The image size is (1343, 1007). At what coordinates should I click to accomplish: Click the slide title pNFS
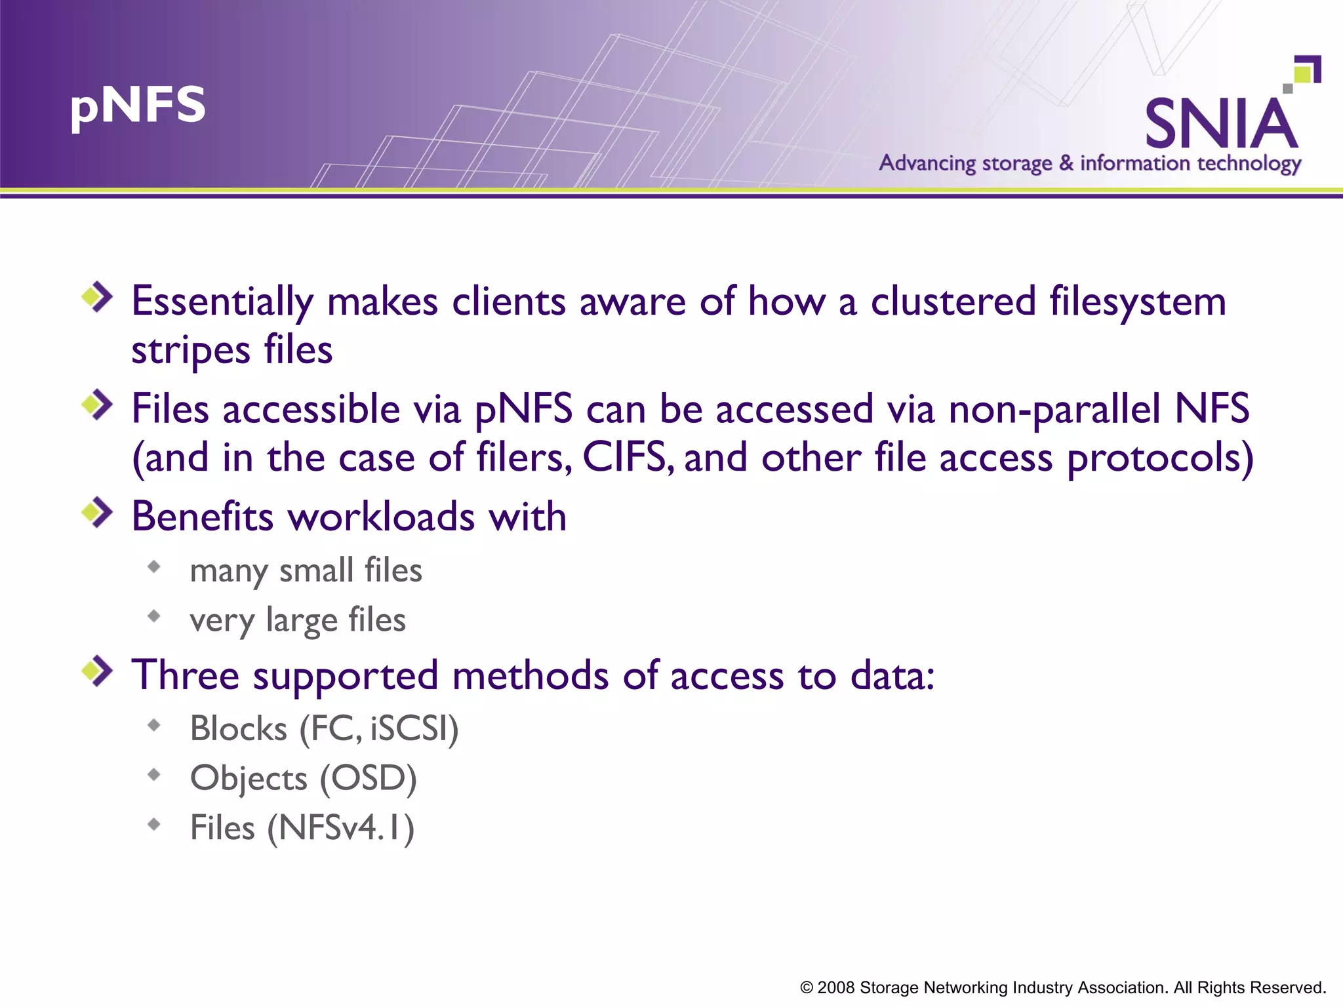point(138,106)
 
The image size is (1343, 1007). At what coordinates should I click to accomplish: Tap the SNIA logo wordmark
point(1221,124)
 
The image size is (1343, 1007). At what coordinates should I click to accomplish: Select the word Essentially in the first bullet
point(222,302)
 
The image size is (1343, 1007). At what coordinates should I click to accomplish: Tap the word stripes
point(191,351)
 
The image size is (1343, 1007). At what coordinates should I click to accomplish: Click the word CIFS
point(626,457)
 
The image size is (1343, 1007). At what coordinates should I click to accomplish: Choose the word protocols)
point(1160,458)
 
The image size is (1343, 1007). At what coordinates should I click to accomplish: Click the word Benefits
point(202,517)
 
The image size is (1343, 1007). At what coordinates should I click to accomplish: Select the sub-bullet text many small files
point(306,570)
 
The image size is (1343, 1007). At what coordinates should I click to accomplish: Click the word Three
point(186,675)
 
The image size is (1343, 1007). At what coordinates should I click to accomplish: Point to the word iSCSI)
point(414,728)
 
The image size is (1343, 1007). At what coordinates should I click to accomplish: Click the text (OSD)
point(368,778)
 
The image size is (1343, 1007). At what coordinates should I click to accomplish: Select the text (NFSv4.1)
point(340,828)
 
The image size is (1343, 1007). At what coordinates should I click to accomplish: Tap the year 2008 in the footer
point(835,988)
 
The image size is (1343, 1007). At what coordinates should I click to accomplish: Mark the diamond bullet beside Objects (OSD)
point(154,775)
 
